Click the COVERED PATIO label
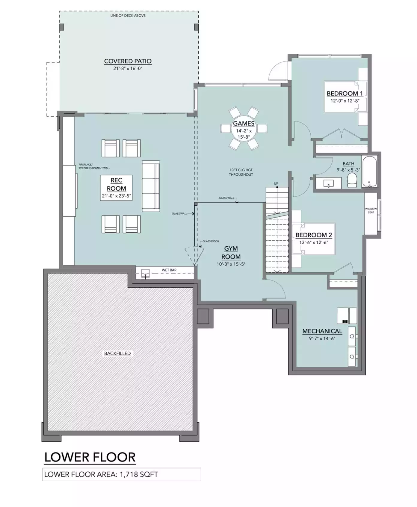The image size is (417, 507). (128, 61)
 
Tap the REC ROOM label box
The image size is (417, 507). (116, 188)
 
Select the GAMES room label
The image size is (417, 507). (244, 123)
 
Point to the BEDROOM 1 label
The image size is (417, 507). (345, 93)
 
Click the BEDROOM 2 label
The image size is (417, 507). (314, 235)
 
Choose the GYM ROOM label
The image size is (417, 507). (231, 253)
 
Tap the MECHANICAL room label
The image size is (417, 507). (322, 331)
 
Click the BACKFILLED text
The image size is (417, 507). (117, 353)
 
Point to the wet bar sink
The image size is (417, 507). (146, 274)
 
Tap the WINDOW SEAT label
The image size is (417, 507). (371, 211)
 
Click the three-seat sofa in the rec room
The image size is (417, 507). (151, 186)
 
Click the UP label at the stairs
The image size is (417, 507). (276, 183)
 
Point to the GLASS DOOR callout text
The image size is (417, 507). (211, 241)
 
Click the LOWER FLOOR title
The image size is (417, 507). (90, 457)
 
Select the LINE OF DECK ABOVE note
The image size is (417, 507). (128, 16)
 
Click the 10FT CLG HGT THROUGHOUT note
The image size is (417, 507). (241, 172)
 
